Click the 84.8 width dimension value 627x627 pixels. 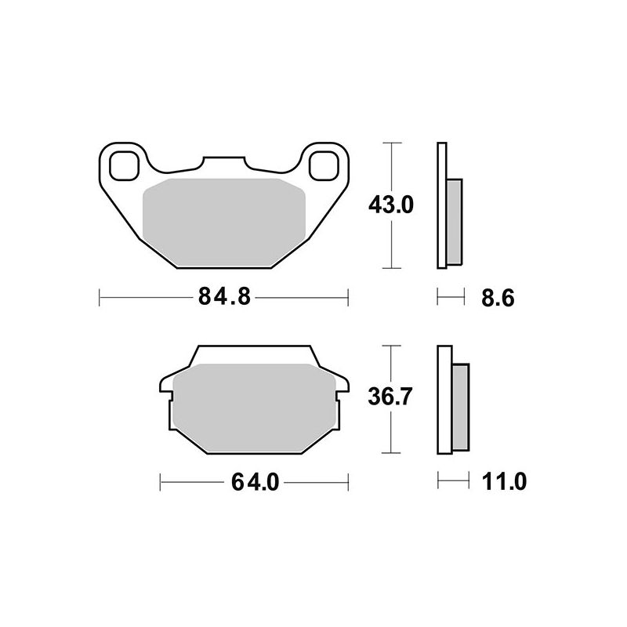click(224, 297)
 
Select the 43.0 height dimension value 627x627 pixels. click(390, 205)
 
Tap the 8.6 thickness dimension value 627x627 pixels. click(498, 299)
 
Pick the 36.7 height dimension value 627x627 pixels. click(390, 397)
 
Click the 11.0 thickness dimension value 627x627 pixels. click(504, 481)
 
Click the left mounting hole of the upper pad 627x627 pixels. click(125, 165)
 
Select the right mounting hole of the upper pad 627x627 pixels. click(324, 165)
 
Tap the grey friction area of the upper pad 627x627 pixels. click(224, 223)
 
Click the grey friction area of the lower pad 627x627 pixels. click(254, 408)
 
